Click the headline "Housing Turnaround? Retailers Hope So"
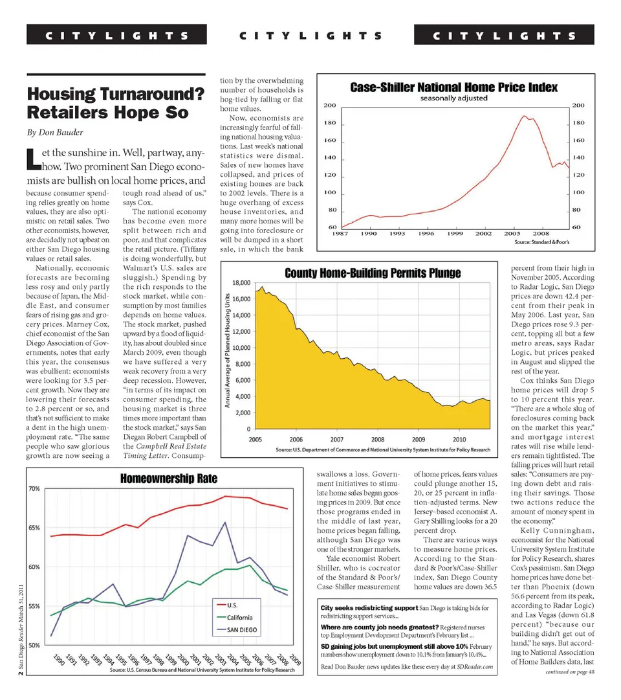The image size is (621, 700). click(x=116, y=104)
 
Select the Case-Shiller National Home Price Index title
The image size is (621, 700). click(x=453, y=87)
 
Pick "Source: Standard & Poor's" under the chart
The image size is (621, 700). click(x=541, y=242)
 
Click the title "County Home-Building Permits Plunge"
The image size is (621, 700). click(x=373, y=273)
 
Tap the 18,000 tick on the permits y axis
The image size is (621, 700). click(x=241, y=283)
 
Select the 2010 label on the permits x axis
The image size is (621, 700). click(x=459, y=438)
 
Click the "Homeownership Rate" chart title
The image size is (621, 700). click(x=169, y=479)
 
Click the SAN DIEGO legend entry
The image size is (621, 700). click(x=241, y=629)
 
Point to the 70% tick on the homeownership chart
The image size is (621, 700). click(x=34, y=488)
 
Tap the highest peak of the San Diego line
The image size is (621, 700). click(x=224, y=522)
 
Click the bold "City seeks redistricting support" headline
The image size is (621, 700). click(x=369, y=608)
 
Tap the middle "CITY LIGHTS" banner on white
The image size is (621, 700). click(x=310, y=36)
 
